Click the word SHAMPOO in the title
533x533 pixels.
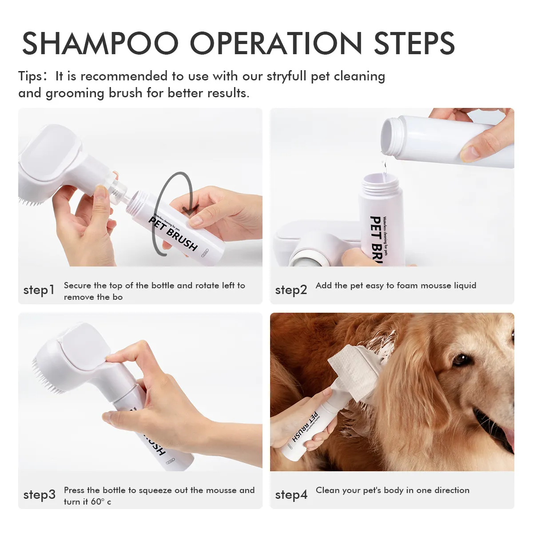100,44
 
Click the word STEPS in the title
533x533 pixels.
414,44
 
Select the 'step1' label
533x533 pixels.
39,290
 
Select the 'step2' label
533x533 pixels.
291,290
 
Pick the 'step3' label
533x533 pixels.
39,495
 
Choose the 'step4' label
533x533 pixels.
291,495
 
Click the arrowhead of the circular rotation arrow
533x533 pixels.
192,209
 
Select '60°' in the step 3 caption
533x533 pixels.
98,502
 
